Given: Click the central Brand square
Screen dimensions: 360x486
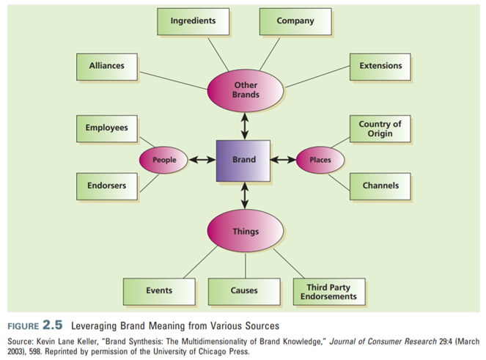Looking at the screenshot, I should coord(244,160).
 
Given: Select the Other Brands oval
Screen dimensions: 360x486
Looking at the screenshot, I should coord(245,90).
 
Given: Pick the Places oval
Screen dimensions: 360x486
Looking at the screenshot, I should coord(320,160).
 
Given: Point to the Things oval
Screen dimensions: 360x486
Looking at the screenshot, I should coord(246,231).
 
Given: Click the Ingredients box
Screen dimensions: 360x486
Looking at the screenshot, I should coord(193,21).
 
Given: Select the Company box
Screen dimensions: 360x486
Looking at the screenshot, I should coord(295,21).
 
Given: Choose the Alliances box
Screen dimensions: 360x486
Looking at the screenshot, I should coord(107,66).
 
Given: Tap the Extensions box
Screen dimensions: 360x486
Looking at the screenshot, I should coord(380,66).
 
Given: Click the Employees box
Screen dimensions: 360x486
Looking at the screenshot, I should coord(107,128).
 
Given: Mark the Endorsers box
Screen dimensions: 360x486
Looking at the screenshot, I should coord(107,185).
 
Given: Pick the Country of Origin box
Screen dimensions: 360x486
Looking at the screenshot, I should coord(380,129).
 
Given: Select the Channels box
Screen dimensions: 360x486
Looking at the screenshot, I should coord(380,185).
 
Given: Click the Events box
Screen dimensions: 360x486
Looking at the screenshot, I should coord(158,290).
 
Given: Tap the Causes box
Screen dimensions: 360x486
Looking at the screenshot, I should coord(244,290).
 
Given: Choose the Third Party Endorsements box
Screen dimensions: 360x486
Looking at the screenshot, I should coord(329,291).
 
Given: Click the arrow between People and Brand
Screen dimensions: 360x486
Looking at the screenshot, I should coord(200,160).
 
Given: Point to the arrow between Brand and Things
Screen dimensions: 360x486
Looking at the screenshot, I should coord(245,195).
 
